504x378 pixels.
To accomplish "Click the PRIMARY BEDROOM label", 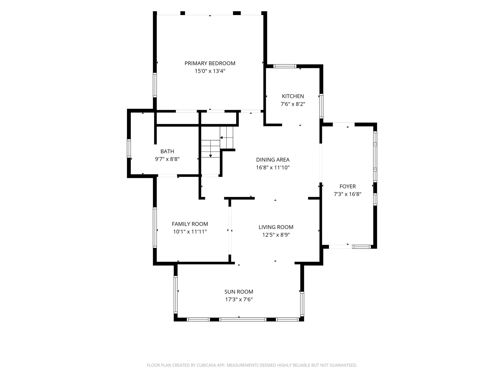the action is (x=210, y=63).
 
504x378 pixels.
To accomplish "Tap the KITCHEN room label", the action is (x=293, y=96).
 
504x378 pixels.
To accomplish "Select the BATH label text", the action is (x=167, y=151).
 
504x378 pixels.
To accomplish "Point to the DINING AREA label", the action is (x=273, y=160).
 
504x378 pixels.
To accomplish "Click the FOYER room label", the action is (x=348, y=186).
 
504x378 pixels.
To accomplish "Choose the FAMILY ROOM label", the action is (x=190, y=224).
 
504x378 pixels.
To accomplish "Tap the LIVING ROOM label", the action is (x=276, y=227).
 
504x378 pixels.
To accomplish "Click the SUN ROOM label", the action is (x=239, y=292).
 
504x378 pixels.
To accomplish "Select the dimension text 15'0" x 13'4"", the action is (x=210, y=71).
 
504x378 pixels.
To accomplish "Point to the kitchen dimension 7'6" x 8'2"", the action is (x=293, y=104).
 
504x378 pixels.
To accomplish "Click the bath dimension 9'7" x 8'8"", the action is (x=167, y=159).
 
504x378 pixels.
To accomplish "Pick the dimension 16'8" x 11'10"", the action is (x=273, y=167).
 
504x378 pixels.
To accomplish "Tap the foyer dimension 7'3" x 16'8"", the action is (x=348, y=194).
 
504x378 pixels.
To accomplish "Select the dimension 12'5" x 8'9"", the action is (x=276, y=235).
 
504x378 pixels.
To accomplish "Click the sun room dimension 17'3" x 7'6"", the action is (x=239, y=300).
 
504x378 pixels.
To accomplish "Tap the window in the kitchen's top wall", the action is (x=285, y=66).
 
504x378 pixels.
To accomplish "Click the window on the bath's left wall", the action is (x=129, y=148).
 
